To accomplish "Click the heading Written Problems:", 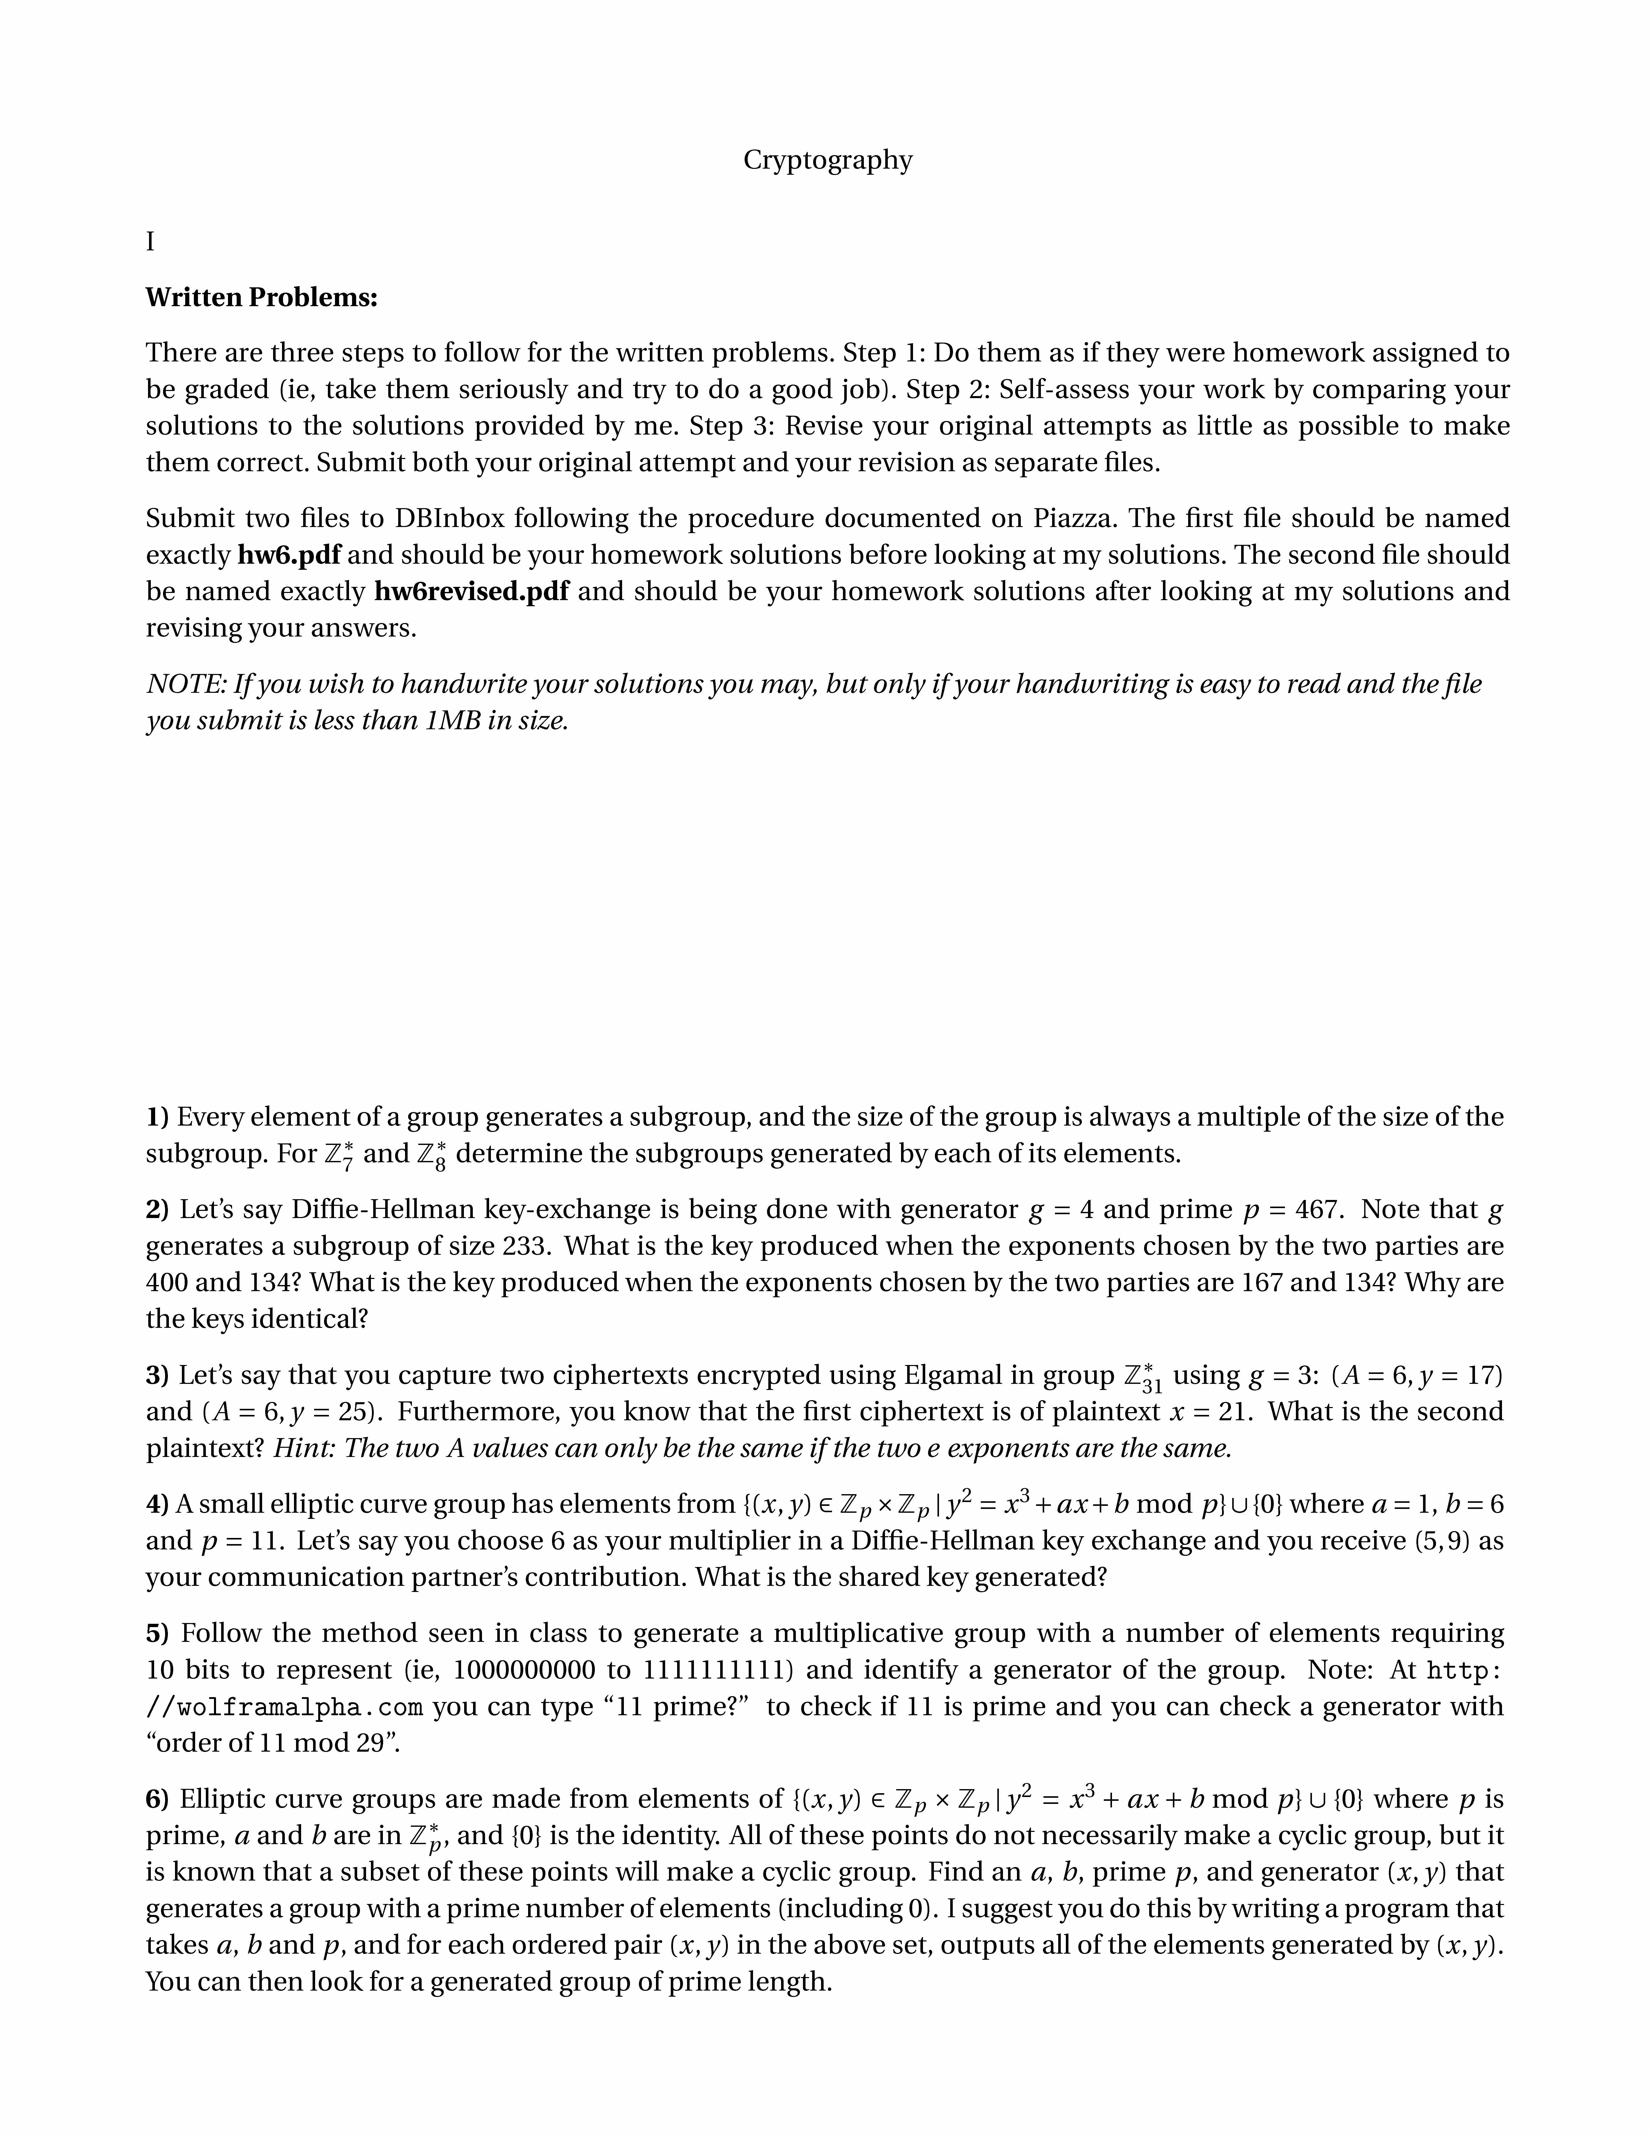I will (261, 297).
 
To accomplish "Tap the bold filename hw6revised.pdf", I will (471, 591).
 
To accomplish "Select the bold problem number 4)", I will (157, 1505).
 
